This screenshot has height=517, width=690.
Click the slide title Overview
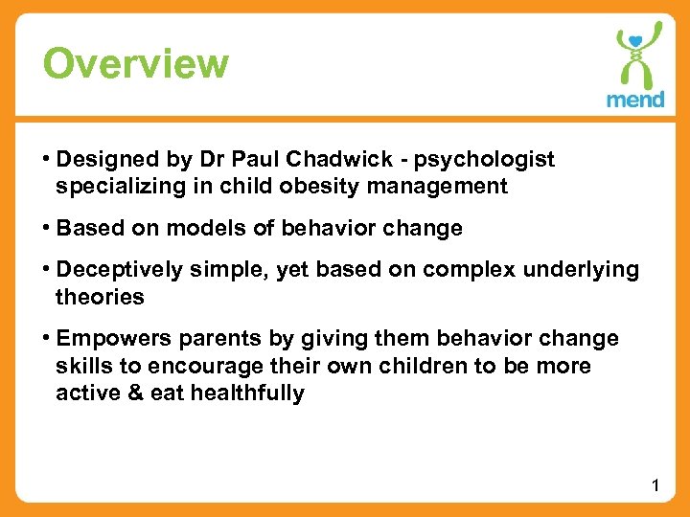point(136,64)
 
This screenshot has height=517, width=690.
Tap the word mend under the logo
point(634,100)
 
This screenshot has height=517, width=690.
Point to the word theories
point(100,297)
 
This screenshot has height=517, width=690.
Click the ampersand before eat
point(132,393)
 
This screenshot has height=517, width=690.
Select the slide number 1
point(655,486)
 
